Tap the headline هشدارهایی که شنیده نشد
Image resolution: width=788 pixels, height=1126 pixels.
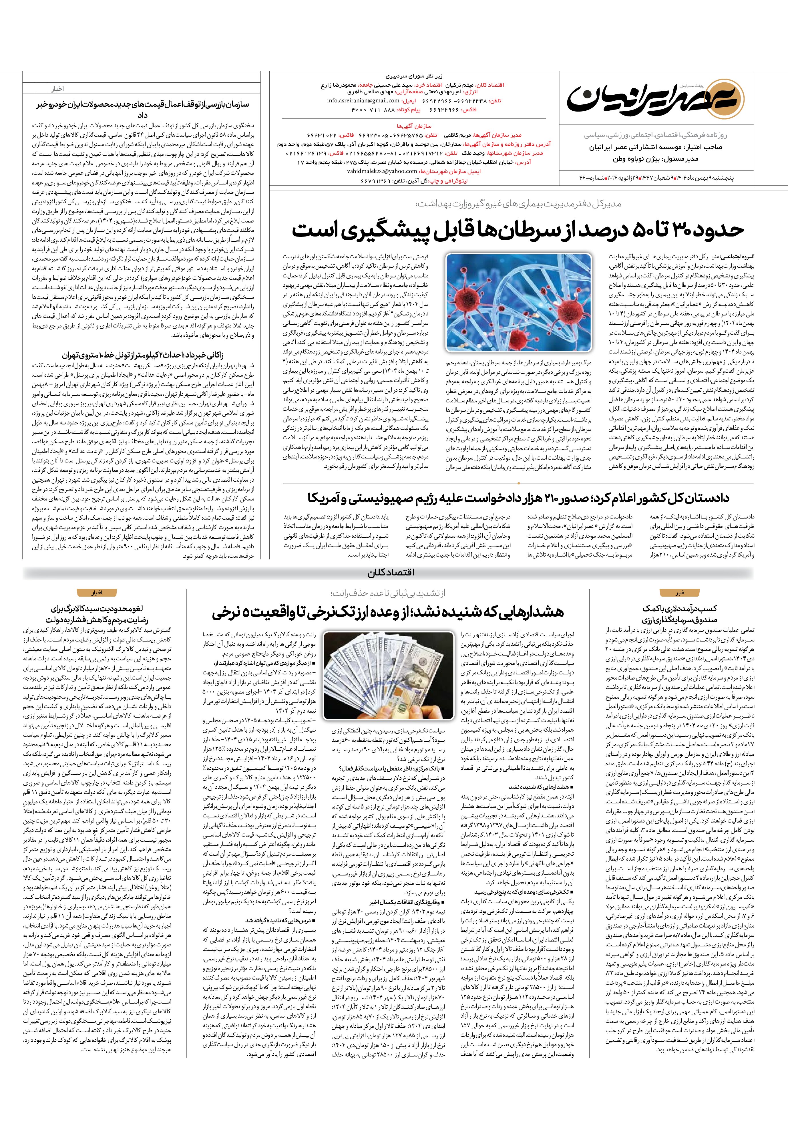(388, 612)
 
